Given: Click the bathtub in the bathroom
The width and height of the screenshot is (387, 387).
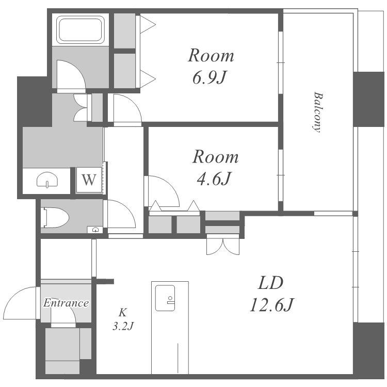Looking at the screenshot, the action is coord(80,29).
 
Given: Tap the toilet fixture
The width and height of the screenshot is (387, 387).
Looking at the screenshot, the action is coord(56,217).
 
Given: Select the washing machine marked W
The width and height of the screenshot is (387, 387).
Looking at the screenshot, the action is coord(89,180).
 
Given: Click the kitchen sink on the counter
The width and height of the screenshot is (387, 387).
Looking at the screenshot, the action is coord(165,298).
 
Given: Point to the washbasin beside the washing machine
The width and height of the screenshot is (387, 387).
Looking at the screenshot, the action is coord(47,180).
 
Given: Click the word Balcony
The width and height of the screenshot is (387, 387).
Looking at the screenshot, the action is coord(317,112).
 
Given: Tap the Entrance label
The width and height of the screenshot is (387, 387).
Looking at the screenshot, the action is coord(66,303).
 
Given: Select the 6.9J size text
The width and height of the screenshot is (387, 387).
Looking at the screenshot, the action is coord(209,77).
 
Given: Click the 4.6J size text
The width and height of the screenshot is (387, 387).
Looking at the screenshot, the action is coord(214,179).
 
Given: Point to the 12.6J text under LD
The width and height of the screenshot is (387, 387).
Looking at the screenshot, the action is coord(272,305).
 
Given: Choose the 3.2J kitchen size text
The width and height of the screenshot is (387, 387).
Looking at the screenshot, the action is coord(123,327).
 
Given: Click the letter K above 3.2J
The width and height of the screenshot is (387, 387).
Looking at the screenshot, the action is coord(123,313).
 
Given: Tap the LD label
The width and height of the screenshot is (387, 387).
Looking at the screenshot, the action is coord(270,283).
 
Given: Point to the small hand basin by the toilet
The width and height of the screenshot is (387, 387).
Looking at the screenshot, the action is coord(95,230).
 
